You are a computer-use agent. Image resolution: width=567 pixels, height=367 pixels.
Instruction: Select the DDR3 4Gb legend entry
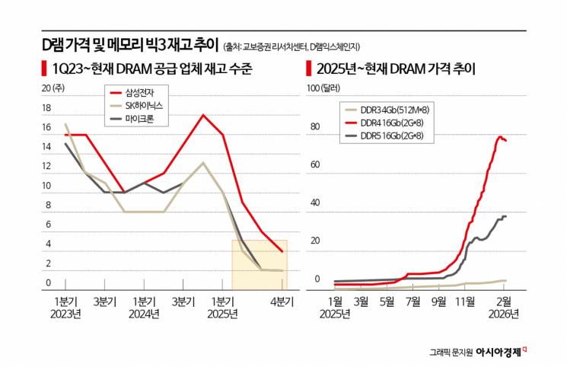[387, 110]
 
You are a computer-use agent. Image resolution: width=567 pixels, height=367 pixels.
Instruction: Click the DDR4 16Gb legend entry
[387, 123]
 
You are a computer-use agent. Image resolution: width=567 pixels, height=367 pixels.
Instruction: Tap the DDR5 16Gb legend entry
[387, 135]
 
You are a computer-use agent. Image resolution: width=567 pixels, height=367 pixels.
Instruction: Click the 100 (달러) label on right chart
[323, 88]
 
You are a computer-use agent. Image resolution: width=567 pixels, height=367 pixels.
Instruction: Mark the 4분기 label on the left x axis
[282, 302]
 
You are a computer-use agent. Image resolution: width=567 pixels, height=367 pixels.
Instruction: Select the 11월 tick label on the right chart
[464, 302]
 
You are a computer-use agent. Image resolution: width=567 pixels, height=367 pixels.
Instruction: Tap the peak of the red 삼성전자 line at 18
[203, 115]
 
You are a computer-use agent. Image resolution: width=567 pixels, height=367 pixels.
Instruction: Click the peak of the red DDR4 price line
[501, 137]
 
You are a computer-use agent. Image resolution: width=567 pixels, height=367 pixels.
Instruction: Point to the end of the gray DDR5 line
[506, 217]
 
